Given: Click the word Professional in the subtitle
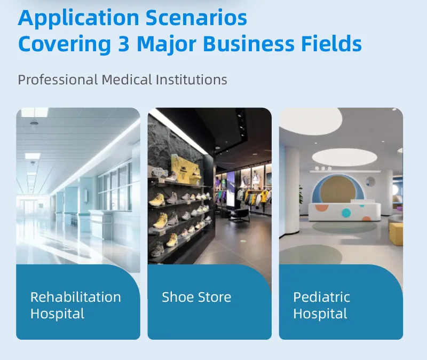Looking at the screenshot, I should (x=58, y=80).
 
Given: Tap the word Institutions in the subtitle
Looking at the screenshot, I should (x=192, y=80).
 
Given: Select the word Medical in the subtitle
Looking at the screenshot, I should (x=127, y=80).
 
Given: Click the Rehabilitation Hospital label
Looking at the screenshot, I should (x=75, y=305).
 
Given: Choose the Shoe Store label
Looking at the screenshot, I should (x=196, y=297).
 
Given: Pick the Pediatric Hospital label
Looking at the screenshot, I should (x=321, y=305).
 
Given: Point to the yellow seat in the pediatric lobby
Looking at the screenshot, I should (x=396, y=233).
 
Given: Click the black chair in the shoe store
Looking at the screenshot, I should (x=241, y=212).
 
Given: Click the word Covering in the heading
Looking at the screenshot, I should (x=62, y=44).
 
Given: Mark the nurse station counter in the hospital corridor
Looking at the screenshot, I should (x=102, y=221).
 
